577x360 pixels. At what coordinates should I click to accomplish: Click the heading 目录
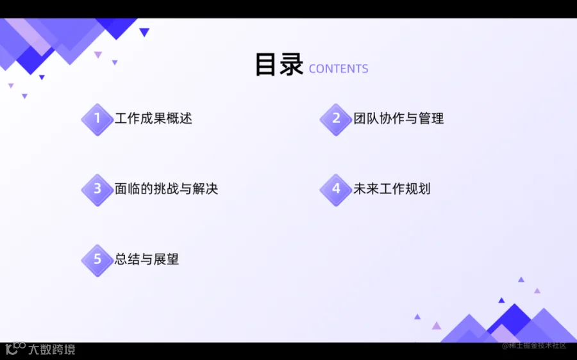pos(279,65)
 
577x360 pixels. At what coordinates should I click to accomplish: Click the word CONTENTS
pos(339,69)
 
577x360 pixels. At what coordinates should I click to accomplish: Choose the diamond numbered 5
pos(97,260)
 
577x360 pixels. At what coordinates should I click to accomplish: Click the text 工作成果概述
pos(153,119)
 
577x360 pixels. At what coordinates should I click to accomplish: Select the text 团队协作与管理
pos(399,119)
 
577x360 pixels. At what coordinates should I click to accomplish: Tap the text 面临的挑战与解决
pos(166,188)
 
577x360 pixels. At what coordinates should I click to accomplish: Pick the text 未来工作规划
pos(392,188)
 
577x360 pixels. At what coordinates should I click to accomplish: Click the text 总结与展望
pos(147,259)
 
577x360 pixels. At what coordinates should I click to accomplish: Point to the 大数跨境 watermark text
pos(52,349)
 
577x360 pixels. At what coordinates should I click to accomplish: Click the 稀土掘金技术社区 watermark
pos(534,346)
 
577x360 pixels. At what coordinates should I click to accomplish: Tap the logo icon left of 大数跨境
pos(15,348)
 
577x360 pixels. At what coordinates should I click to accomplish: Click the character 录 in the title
pos(292,65)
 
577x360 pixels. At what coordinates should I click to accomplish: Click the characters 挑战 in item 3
pos(166,188)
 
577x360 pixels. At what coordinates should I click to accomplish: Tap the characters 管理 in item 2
pos(431,119)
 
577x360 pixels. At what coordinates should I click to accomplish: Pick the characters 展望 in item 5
pos(166,259)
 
